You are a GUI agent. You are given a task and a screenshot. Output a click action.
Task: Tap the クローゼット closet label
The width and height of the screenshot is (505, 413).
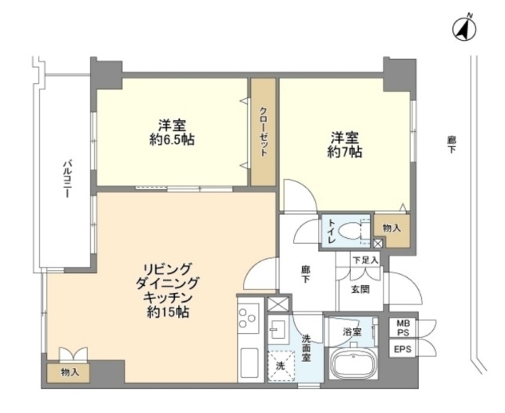click(263, 132)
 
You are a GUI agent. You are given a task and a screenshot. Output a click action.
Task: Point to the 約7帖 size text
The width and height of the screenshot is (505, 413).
click(344, 152)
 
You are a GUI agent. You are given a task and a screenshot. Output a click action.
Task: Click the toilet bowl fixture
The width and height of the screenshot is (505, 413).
click(350, 231)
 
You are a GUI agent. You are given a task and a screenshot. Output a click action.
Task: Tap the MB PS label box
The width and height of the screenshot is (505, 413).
click(403, 328)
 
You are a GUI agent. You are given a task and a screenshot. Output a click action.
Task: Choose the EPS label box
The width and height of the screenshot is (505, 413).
click(403, 348)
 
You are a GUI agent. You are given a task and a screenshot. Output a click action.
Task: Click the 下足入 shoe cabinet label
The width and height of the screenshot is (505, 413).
click(365, 260)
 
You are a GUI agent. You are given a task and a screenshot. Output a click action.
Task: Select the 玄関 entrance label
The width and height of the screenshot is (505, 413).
click(360, 290)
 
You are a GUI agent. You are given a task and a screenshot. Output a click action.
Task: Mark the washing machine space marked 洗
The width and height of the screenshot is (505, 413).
click(280, 366)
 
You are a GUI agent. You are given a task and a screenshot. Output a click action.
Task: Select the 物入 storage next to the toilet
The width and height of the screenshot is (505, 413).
click(392, 228)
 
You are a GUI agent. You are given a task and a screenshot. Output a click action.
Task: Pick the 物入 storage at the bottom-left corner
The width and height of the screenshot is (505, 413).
click(70, 373)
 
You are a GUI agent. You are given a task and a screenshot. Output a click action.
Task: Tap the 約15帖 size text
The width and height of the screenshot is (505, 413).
click(168, 312)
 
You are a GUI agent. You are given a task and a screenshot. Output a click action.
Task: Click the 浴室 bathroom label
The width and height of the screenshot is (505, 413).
click(352, 332)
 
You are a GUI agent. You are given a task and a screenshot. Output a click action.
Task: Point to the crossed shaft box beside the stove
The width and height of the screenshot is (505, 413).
click(278, 304)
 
